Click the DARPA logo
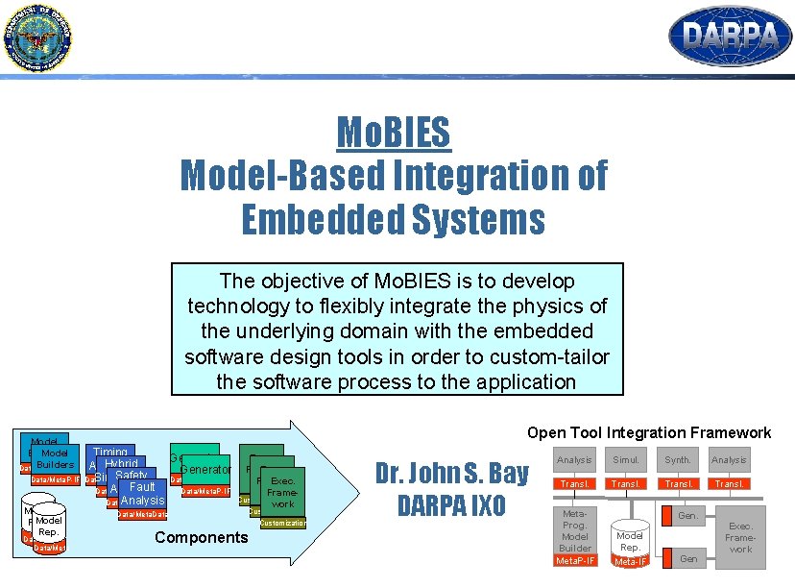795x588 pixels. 730,36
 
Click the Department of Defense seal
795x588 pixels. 36,37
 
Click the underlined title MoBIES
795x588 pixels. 393,132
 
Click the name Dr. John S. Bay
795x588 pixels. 451,473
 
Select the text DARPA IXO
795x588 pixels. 451,505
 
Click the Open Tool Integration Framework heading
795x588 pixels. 648,432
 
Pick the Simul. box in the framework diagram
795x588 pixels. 626,460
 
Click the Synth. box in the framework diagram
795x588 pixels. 677,460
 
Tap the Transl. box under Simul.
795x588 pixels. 626,484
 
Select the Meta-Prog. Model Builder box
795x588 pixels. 574,529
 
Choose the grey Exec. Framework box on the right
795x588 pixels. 740,538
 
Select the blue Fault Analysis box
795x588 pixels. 142,494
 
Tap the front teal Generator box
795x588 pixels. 205,471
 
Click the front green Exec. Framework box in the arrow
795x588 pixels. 282,492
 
